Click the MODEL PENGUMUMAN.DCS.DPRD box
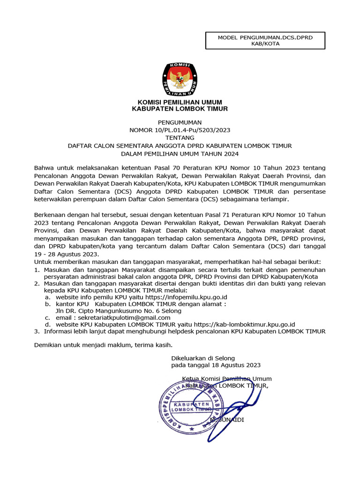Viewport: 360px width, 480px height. pos(265,41)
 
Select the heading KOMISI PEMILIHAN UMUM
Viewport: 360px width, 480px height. pos(180,102)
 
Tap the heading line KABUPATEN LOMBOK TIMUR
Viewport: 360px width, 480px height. pos(180,109)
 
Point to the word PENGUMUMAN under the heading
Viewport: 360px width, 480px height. pos(180,122)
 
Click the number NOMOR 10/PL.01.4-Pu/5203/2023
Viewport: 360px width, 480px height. pos(180,130)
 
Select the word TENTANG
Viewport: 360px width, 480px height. pos(180,138)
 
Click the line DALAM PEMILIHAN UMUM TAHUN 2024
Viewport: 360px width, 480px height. pos(180,154)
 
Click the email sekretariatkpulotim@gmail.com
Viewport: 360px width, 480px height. pos(125,317)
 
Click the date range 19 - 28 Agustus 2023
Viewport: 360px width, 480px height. pos(67,254)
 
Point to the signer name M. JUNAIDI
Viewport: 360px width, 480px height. pos(227,420)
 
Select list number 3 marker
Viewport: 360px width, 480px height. pos(37,331)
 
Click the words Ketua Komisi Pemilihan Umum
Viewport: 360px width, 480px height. pos(226,379)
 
